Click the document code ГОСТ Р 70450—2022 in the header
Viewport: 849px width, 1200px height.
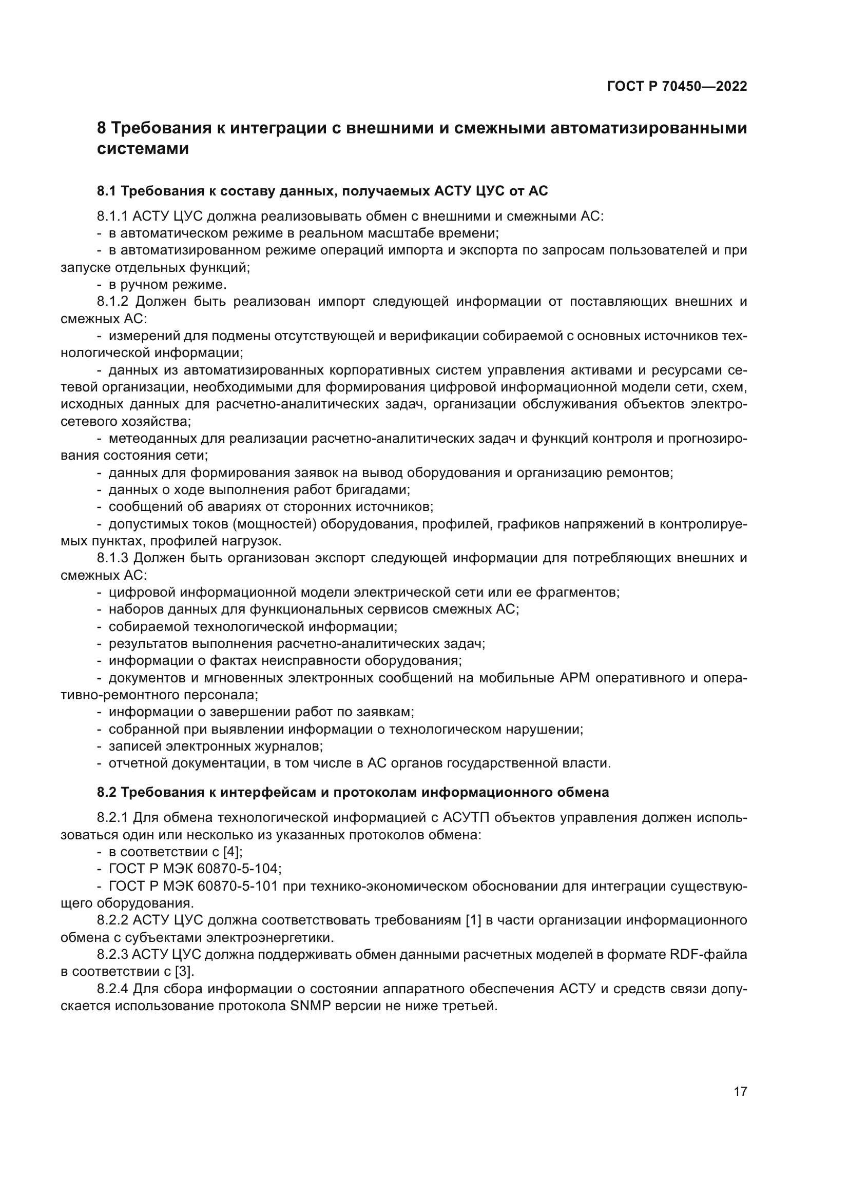[x=677, y=87]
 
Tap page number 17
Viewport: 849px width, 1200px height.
[x=740, y=1091]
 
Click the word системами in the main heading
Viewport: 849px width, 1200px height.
[x=143, y=149]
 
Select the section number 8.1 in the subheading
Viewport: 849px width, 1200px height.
[x=107, y=191]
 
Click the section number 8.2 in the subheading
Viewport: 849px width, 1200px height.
[x=107, y=792]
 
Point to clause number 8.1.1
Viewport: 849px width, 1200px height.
[x=112, y=217]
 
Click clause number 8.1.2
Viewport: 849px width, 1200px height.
[x=112, y=302]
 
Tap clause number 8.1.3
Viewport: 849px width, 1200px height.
[x=112, y=558]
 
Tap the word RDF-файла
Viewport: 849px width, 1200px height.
[x=708, y=955]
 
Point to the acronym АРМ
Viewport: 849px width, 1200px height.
[x=575, y=678]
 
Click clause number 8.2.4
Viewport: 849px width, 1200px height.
[x=112, y=989]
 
